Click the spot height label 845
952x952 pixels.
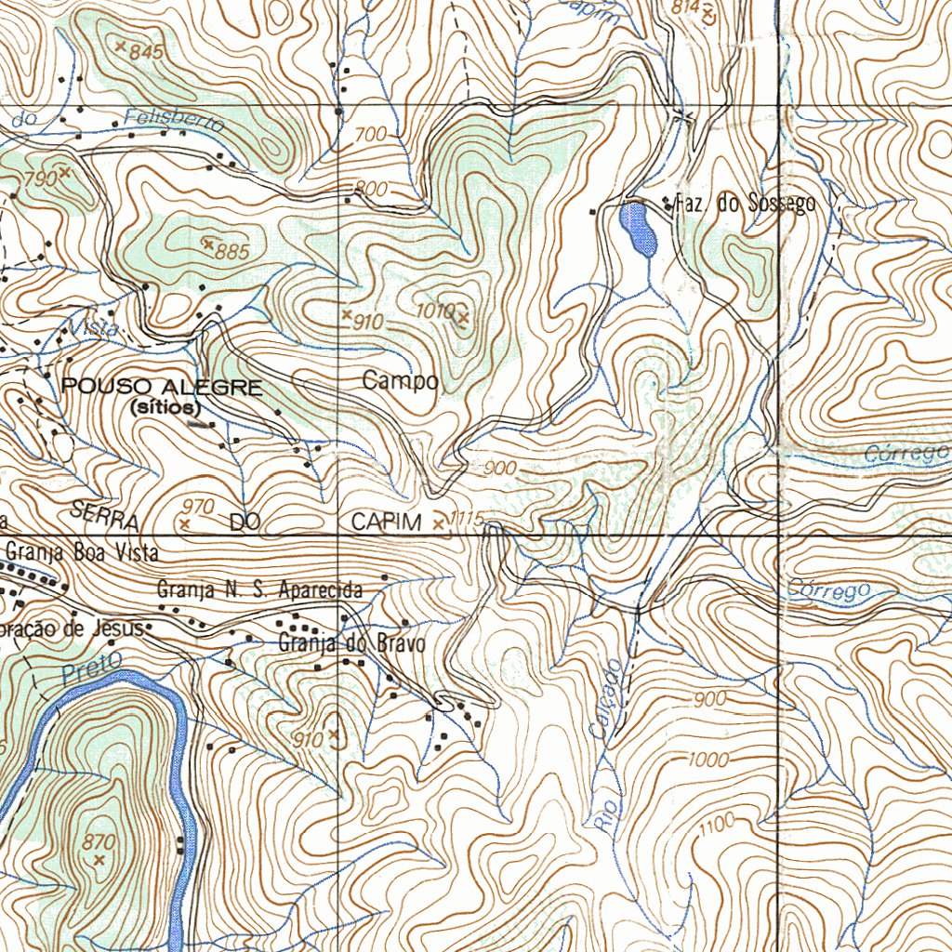pos(147,53)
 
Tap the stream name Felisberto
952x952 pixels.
pos(174,121)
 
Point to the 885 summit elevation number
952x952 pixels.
pos(231,251)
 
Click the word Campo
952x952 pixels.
pos(400,381)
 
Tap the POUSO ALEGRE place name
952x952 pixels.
pos(162,388)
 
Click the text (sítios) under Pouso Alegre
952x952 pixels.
pos(166,406)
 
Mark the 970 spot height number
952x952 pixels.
pos(199,507)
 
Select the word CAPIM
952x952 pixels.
pos(386,522)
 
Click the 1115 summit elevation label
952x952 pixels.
pos(466,519)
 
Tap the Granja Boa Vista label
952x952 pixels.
pos(82,551)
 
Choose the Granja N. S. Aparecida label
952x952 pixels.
pos(259,590)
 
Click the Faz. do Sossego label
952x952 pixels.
pos(745,204)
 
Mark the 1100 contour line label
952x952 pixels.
pos(717,822)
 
